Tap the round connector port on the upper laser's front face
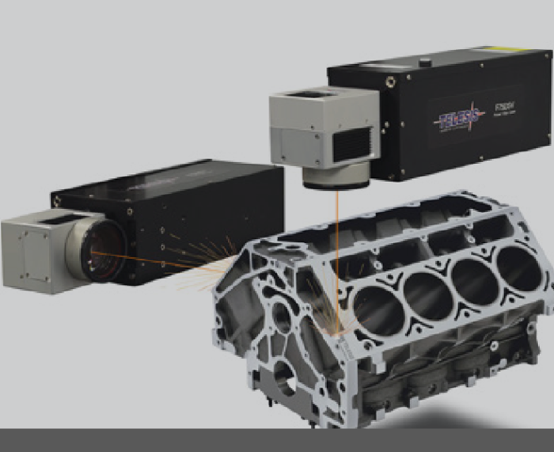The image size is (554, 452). pos(389,82)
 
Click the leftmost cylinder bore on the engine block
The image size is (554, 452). pos(378,310)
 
